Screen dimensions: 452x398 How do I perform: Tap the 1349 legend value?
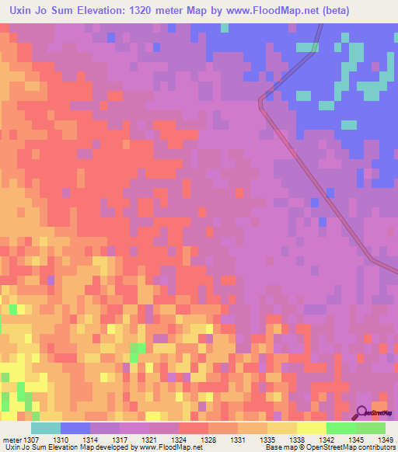(x=375, y=440)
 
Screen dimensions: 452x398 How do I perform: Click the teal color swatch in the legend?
(x=46, y=428)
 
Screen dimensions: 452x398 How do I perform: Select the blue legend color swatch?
(x=75, y=428)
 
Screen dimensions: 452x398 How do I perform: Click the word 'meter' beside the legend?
(x=12, y=440)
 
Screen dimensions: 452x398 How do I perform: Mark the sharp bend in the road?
(x=262, y=99)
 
